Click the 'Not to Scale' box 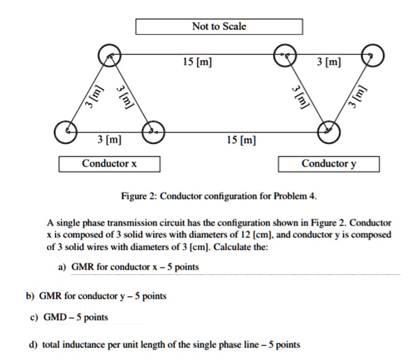click(x=218, y=26)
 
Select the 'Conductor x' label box click(x=109, y=163)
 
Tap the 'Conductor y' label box click(x=328, y=163)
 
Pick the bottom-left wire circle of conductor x click(x=66, y=131)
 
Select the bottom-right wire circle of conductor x click(x=152, y=131)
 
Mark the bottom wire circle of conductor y click(x=328, y=131)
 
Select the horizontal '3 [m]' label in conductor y click(x=328, y=63)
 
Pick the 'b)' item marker click(x=31, y=296)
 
